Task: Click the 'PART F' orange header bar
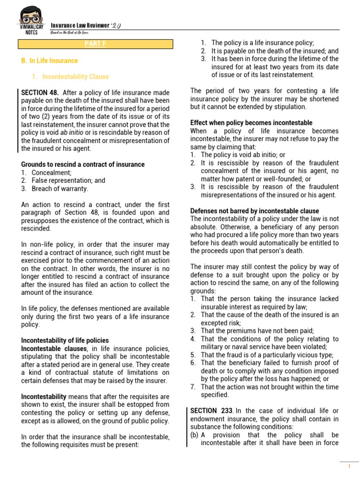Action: tap(95, 44)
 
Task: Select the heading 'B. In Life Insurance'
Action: tap(49, 60)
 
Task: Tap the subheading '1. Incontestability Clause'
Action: tap(75, 76)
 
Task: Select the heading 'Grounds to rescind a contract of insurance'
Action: tap(83, 165)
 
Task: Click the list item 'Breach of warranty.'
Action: tap(60, 188)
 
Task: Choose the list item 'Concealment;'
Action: tap(51, 172)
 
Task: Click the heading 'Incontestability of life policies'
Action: tap(65, 340)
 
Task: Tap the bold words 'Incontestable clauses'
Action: tap(54, 348)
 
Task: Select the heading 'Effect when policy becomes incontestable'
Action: tap(251, 123)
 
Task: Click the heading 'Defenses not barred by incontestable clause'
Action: tap(255, 211)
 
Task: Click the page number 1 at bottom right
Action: tap(349, 466)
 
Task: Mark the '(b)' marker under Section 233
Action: tap(195, 435)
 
